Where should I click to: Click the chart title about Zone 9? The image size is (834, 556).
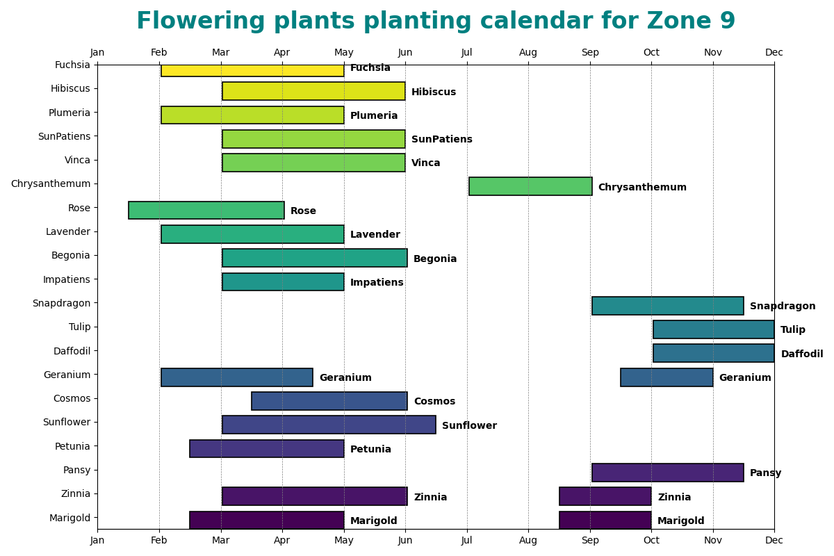pos(436,22)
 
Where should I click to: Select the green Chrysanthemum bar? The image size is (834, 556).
pos(530,186)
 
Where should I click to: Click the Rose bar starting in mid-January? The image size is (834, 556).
pos(206,210)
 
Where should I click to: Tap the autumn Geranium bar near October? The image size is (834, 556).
pos(667,377)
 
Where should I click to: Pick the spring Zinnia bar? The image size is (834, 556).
pos(315,496)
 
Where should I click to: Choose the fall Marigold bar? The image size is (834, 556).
pos(605,520)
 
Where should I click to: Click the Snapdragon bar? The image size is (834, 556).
pos(668,306)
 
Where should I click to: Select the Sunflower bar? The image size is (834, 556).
pos(329,425)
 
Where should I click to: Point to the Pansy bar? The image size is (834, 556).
pos(668,473)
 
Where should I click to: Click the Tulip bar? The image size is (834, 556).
pos(714,329)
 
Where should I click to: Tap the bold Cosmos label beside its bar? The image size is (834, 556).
pos(434,402)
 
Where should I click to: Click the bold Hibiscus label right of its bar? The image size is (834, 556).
pos(434,92)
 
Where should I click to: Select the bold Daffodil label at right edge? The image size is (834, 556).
pos(801,354)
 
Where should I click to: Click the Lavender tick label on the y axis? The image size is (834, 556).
pos(68,231)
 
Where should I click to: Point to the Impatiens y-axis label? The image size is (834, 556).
pos(67,279)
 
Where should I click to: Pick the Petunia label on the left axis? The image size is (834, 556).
pos(72,446)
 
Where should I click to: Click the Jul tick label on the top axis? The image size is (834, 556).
pos(467,53)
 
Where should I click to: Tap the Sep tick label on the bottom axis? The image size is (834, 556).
pos(590,540)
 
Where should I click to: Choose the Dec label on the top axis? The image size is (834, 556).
pos(774,53)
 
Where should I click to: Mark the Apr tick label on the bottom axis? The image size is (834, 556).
pos(282,540)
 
